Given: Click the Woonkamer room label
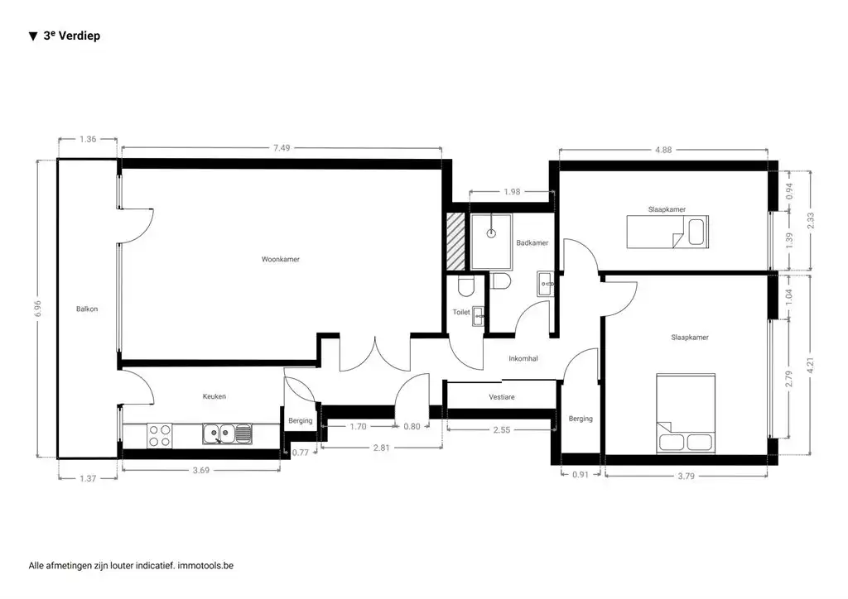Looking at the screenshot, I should pos(280,259).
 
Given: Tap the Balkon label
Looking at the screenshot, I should pos(87,309).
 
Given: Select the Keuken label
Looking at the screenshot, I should pos(214,396).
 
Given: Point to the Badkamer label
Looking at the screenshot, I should pos(532,243).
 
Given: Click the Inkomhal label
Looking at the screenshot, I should pos(523,358).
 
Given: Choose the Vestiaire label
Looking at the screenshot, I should pos(502,397).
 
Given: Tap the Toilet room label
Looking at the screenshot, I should pos(461,312).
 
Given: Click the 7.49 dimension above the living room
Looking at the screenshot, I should pos(282,147).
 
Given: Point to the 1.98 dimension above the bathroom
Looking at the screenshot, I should pos(512,192).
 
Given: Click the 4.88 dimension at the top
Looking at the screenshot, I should pos(663,150).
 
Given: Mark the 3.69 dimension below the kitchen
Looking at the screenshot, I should pos(201,470).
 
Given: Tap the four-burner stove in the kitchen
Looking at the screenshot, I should pos(159,435).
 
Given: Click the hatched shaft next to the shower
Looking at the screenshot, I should pos(455,241).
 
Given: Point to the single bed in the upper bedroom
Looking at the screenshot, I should pos(666,230).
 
